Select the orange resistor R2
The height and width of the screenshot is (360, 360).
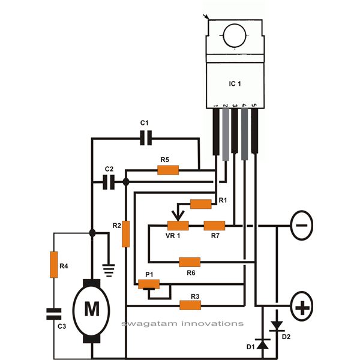point(126,235)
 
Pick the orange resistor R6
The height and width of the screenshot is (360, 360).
point(190,262)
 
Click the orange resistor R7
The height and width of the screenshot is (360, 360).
point(214,226)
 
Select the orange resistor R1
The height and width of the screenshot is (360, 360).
point(201,204)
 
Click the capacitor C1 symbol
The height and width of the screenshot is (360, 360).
point(144,139)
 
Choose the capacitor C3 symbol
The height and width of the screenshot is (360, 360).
point(53,312)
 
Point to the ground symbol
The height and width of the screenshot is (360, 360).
point(109,269)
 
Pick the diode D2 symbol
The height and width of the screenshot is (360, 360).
point(277,326)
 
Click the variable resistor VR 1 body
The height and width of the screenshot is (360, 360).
point(178,226)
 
